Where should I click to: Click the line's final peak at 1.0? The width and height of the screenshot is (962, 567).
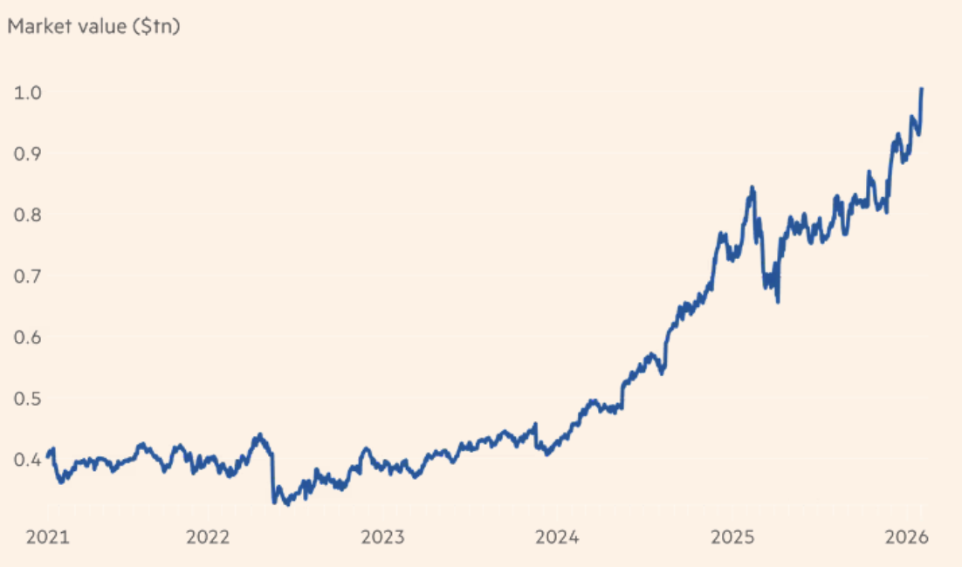click(922, 90)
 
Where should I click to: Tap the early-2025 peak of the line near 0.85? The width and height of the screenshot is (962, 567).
click(751, 188)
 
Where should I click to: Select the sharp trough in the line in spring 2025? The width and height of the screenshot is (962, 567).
click(777, 302)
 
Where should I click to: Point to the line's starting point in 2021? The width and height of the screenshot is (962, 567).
click(48, 453)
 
